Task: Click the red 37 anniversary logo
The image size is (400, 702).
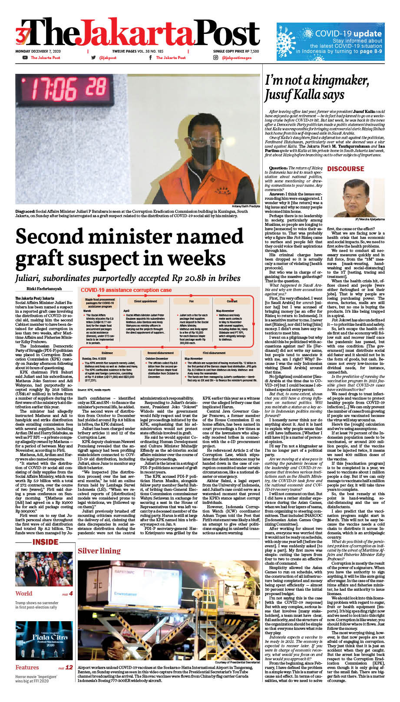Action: tap(22, 35)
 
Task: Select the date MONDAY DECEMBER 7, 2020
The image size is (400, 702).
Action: tap(38, 51)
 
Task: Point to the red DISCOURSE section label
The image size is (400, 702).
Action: tap(345, 169)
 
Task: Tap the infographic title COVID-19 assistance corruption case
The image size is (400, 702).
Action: tap(126, 290)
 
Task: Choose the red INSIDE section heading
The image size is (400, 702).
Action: tap(45, 542)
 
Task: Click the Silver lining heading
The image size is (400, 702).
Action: tap(99, 551)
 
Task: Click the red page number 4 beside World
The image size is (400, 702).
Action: tap(70, 593)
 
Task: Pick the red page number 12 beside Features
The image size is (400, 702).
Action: tap(69, 667)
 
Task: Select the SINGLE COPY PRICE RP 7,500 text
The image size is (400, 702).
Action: tap(236, 51)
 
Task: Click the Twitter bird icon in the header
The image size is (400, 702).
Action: tap(93, 57)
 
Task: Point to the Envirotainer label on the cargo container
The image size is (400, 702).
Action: tap(126, 593)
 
